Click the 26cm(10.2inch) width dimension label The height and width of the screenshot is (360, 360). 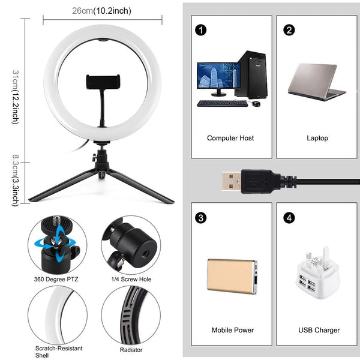(x=101, y=11)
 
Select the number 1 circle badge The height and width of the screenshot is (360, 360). (x=200, y=30)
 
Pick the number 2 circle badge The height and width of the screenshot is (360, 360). (x=290, y=30)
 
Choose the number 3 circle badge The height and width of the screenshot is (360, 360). (x=200, y=217)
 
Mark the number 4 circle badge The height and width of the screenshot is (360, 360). (x=290, y=217)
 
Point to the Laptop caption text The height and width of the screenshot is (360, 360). (x=317, y=138)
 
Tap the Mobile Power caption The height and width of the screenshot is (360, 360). (x=233, y=330)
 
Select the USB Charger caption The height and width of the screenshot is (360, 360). (x=319, y=330)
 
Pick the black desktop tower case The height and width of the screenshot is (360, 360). (x=252, y=74)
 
